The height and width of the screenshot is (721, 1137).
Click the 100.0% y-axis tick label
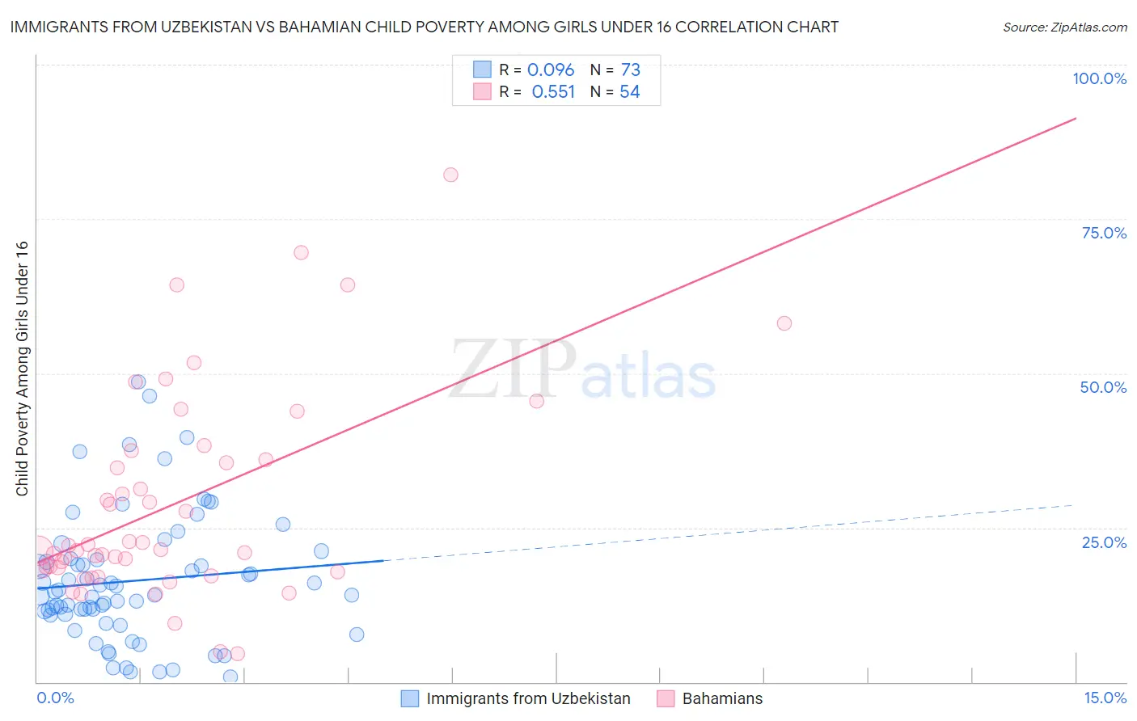click(x=1099, y=78)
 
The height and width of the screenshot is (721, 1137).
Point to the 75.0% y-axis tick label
click(x=1103, y=233)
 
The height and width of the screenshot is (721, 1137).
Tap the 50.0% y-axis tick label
click(x=1102, y=387)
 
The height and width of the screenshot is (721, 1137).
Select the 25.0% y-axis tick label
click(x=1103, y=542)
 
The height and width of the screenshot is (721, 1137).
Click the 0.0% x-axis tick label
click(x=55, y=698)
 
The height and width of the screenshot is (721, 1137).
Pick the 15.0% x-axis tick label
click(x=1105, y=698)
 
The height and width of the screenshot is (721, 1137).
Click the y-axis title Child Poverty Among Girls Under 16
click(x=22, y=369)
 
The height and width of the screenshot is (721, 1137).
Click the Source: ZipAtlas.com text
click(x=1064, y=27)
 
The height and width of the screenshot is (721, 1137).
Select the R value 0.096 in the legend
click(x=550, y=70)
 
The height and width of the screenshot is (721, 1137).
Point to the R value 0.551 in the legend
click(x=553, y=92)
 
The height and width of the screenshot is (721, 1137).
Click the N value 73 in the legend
click(x=630, y=70)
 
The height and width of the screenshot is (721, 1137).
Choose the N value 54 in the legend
click(x=629, y=92)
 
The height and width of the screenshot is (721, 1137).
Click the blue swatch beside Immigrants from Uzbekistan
click(x=410, y=698)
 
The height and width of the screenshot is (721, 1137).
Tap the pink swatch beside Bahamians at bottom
click(x=665, y=698)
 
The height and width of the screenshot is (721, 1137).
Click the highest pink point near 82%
click(x=450, y=175)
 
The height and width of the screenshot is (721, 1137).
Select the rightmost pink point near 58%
click(x=784, y=323)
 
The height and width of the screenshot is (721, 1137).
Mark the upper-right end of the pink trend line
click(x=1076, y=118)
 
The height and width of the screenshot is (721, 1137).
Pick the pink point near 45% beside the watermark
click(x=536, y=401)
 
